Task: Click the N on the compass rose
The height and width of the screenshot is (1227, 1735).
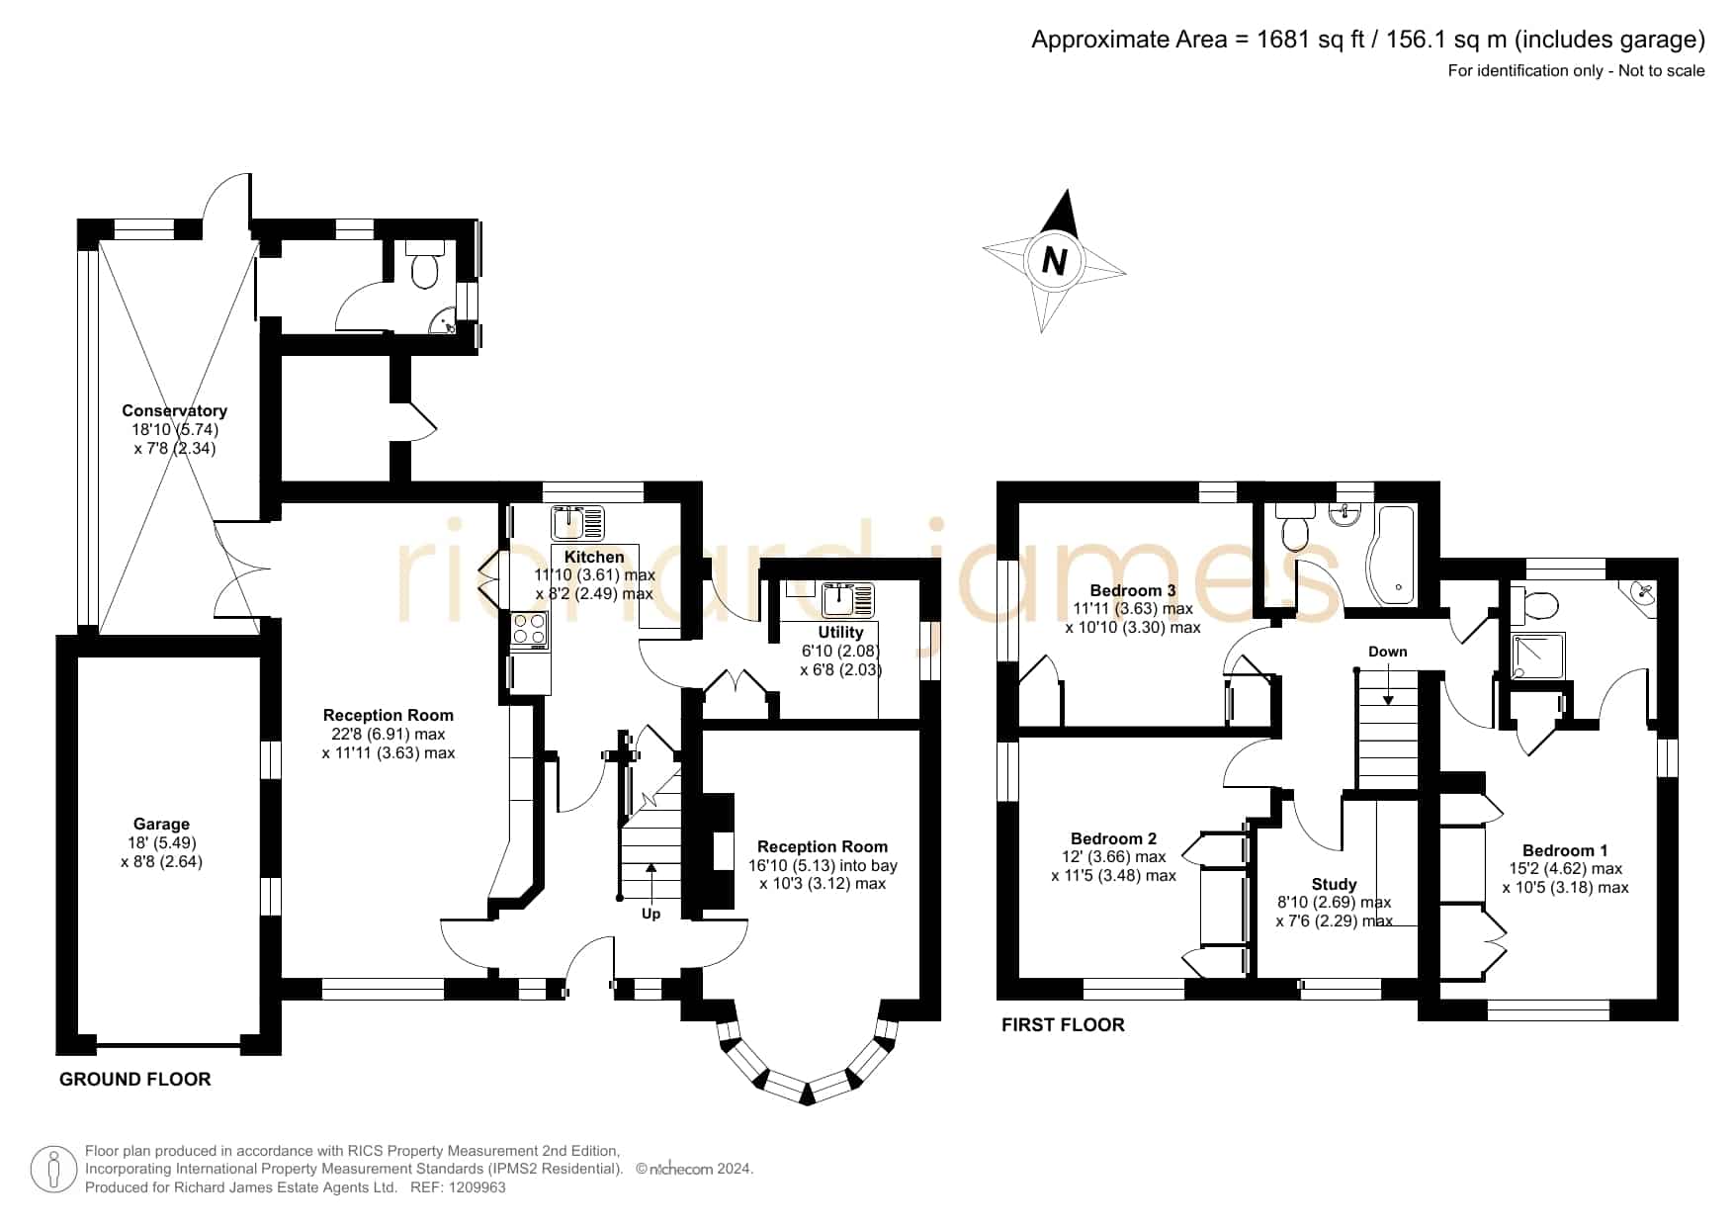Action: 1055,261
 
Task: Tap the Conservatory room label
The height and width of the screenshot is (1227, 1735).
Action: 174,410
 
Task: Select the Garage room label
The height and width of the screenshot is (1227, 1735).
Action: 161,824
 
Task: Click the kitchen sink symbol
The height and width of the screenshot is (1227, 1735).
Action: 578,520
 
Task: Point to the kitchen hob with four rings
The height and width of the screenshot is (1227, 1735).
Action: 529,630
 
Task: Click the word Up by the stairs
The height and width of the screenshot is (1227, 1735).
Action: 651,914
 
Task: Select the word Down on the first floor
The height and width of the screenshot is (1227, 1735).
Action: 1388,652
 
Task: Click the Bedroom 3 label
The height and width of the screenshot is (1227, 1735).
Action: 1133,590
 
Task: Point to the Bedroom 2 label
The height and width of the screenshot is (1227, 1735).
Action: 1113,838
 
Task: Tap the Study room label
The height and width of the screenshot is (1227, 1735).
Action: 1334,884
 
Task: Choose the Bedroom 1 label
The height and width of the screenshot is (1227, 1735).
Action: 1565,850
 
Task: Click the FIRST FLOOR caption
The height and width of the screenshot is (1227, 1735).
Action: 1063,1025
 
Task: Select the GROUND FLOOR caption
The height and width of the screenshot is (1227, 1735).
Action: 135,1079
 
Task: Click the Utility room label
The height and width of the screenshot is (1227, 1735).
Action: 840,632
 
